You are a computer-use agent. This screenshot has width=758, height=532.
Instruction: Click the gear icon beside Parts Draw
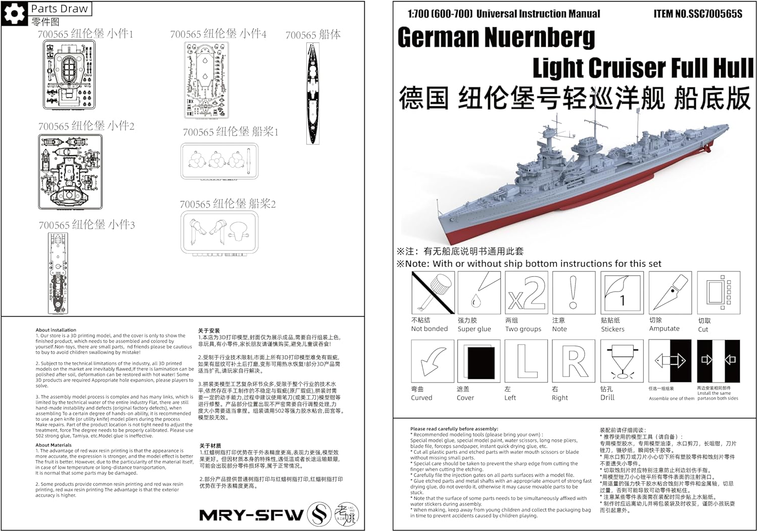tap(14, 14)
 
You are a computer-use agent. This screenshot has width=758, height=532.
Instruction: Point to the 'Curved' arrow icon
tap(433, 361)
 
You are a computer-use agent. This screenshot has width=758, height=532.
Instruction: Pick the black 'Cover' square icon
tap(479, 361)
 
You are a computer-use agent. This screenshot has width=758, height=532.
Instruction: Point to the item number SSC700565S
tap(698, 14)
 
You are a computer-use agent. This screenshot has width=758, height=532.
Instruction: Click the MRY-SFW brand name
tap(251, 515)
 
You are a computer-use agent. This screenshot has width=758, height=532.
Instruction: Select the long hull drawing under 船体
tap(313, 93)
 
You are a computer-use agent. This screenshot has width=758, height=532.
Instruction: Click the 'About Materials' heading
tap(54, 445)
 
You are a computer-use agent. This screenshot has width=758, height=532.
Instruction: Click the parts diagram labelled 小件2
tap(70, 172)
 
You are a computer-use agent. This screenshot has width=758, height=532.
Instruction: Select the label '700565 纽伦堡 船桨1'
tap(230, 132)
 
